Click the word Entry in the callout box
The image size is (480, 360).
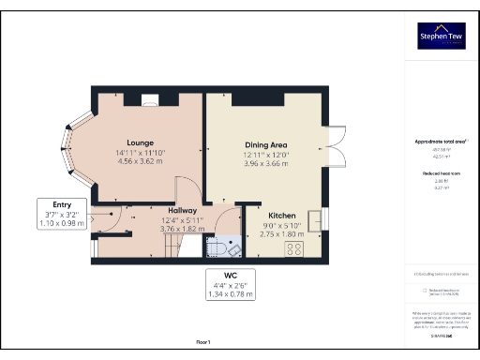(x=63, y=204)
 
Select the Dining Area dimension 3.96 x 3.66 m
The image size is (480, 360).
(x=266, y=161)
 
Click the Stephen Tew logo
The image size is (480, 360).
(x=442, y=36)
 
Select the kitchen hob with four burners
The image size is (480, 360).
(x=294, y=249)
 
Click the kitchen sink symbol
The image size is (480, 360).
(x=324, y=218)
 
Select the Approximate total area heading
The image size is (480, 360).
(x=442, y=142)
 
